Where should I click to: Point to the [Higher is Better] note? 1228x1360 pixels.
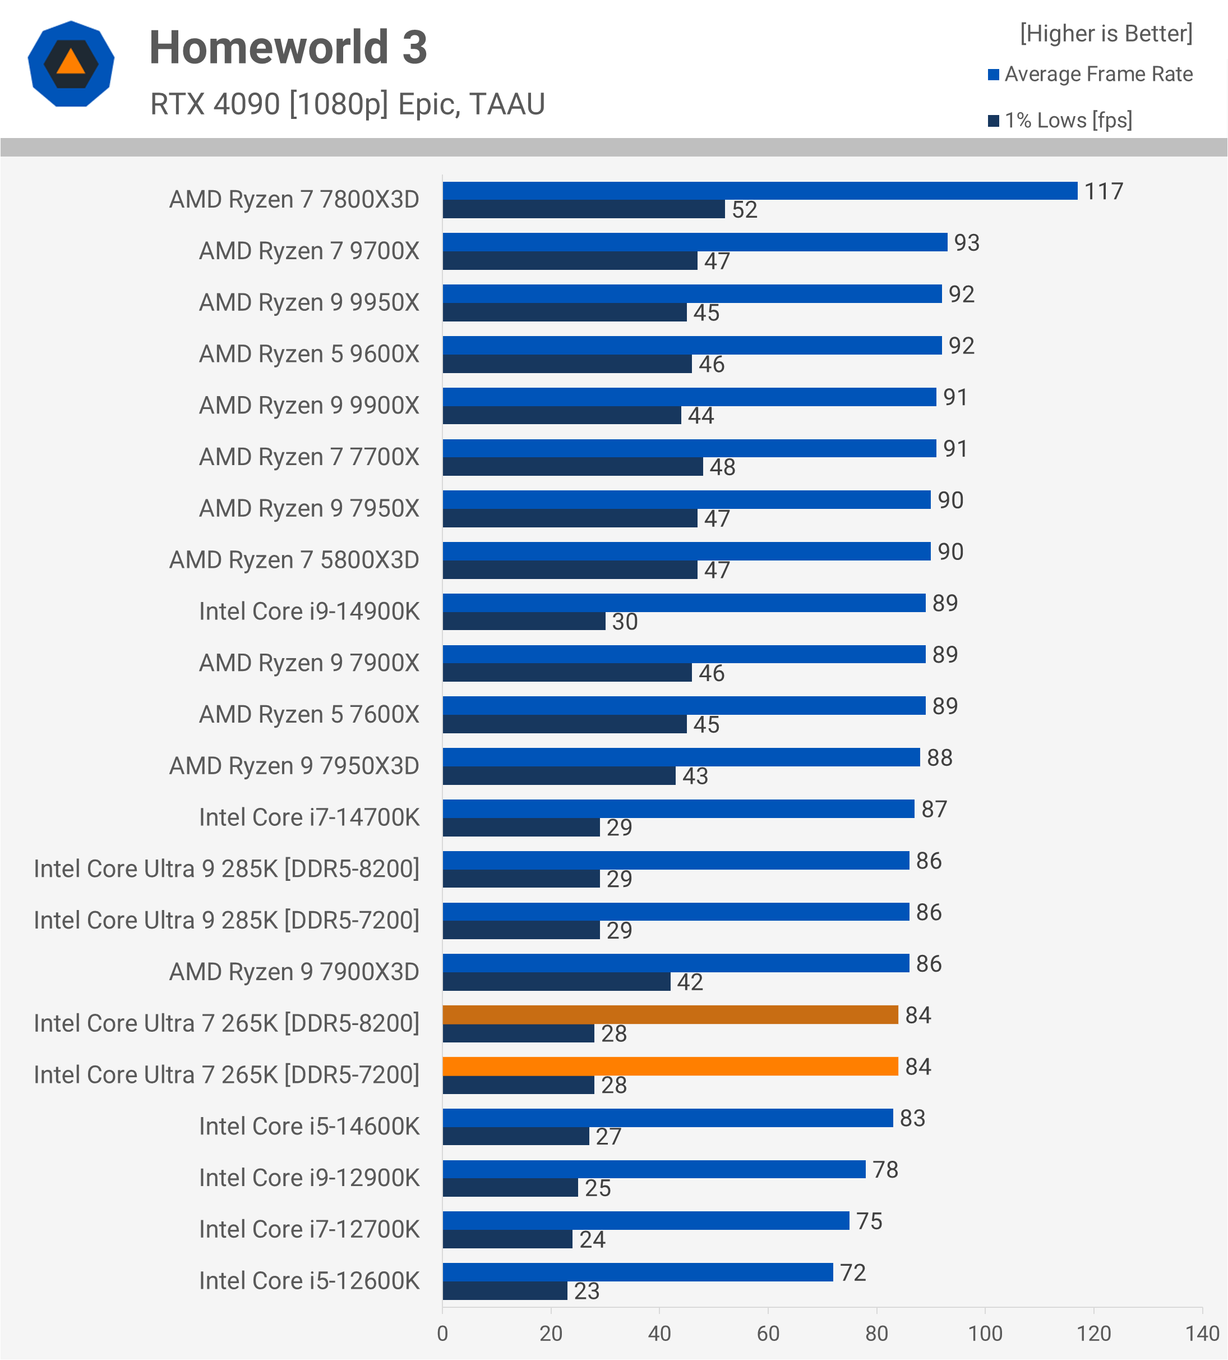click(1105, 34)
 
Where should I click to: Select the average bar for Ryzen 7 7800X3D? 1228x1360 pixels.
click(759, 191)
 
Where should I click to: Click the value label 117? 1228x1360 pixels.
click(1104, 191)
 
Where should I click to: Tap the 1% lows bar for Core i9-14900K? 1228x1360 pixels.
click(523, 621)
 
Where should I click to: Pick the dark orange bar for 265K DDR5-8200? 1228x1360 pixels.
click(670, 1014)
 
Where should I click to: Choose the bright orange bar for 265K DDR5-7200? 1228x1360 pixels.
click(670, 1067)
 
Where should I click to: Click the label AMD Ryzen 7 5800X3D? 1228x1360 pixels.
click(294, 560)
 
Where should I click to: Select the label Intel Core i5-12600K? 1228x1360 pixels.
click(309, 1280)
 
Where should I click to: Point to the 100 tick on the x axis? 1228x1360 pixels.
click(985, 1334)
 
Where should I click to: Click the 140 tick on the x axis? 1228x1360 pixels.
click(1202, 1334)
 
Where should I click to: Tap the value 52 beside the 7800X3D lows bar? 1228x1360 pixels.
click(745, 210)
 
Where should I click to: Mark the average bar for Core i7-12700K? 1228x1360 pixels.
click(645, 1220)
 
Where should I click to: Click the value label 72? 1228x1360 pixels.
click(852, 1272)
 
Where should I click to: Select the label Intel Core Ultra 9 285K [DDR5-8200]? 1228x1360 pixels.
click(227, 869)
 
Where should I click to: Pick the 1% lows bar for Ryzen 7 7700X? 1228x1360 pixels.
click(573, 467)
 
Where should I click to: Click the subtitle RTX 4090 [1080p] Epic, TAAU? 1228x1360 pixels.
click(347, 104)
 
